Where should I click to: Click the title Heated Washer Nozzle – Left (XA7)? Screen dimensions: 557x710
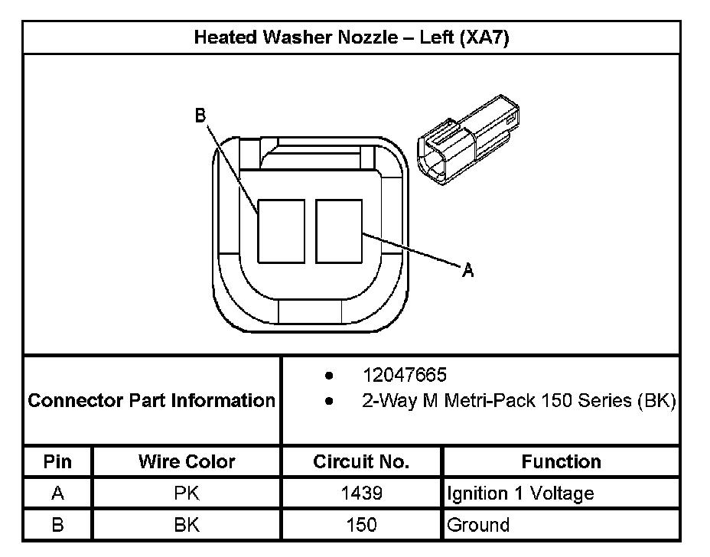(351, 37)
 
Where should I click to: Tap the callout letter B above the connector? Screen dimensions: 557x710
(200, 116)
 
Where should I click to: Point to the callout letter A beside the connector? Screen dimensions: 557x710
(468, 269)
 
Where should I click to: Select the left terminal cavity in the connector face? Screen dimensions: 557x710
(281, 231)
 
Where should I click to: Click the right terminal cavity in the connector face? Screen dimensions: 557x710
(338, 231)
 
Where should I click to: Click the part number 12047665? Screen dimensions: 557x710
(405, 376)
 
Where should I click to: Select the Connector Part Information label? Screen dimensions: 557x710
(151, 400)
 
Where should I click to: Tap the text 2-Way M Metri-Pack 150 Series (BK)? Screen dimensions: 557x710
(518, 400)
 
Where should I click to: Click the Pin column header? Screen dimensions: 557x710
(57, 461)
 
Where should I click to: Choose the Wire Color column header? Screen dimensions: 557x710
(187, 461)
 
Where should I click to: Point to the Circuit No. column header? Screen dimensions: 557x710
(361, 461)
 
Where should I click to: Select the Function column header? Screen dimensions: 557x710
(561, 461)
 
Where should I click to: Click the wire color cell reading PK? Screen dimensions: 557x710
(187, 493)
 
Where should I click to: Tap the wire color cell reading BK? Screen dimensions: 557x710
(187, 525)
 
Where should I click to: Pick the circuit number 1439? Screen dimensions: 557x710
(361, 493)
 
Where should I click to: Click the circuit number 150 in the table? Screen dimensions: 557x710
(361, 525)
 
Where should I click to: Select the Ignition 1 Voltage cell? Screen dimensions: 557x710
(520, 493)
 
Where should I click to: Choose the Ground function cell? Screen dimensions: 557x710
(478, 525)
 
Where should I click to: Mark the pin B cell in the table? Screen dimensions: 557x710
(57, 525)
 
